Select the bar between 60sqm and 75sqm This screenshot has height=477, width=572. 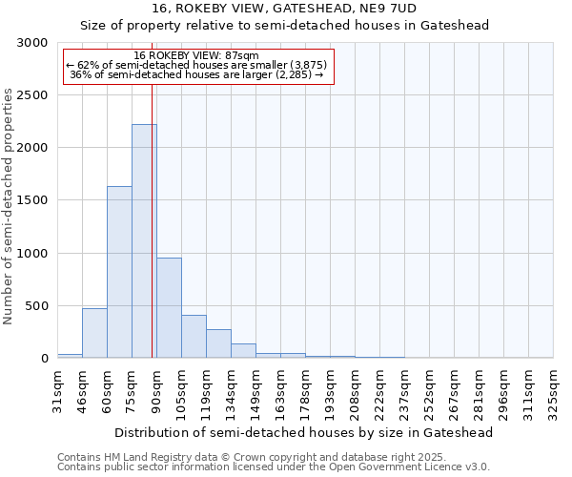(x=119, y=272)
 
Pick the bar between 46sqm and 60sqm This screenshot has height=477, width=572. (x=94, y=333)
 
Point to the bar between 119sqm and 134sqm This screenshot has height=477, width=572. (x=218, y=343)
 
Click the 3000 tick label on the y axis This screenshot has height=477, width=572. (x=32, y=43)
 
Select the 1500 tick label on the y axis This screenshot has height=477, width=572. (x=32, y=200)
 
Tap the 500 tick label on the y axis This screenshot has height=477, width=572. (x=36, y=306)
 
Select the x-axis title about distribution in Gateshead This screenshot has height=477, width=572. (x=304, y=432)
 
